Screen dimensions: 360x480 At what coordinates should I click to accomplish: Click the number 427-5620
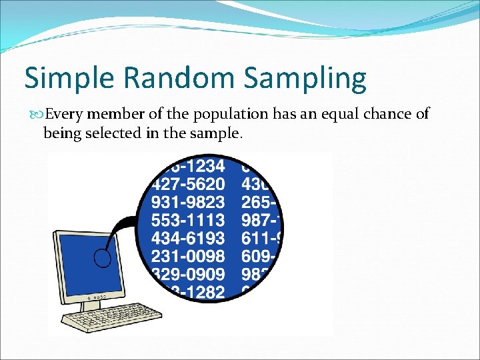[188, 182]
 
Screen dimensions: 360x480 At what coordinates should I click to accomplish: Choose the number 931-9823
[188, 201]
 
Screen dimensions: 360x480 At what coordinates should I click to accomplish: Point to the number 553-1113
[188, 219]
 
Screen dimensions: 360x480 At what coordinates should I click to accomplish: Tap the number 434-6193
[188, 237]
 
